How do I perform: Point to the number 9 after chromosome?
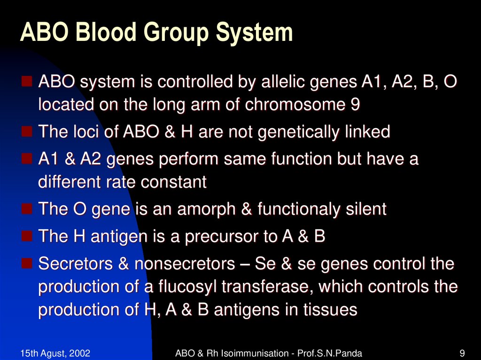pos(356,105)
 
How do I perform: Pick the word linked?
pos(366,132)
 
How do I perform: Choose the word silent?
pos(367,209)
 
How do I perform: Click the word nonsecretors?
pos(185,264)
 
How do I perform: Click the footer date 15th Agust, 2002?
pos(55,352)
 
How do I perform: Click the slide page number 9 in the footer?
pos(462,352)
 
